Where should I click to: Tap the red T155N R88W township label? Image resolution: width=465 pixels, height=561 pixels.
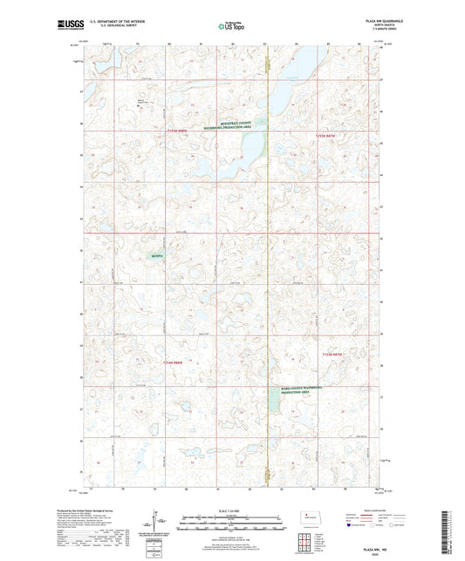coord(175,131)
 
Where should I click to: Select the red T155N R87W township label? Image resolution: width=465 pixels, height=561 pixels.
coord(325,136)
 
